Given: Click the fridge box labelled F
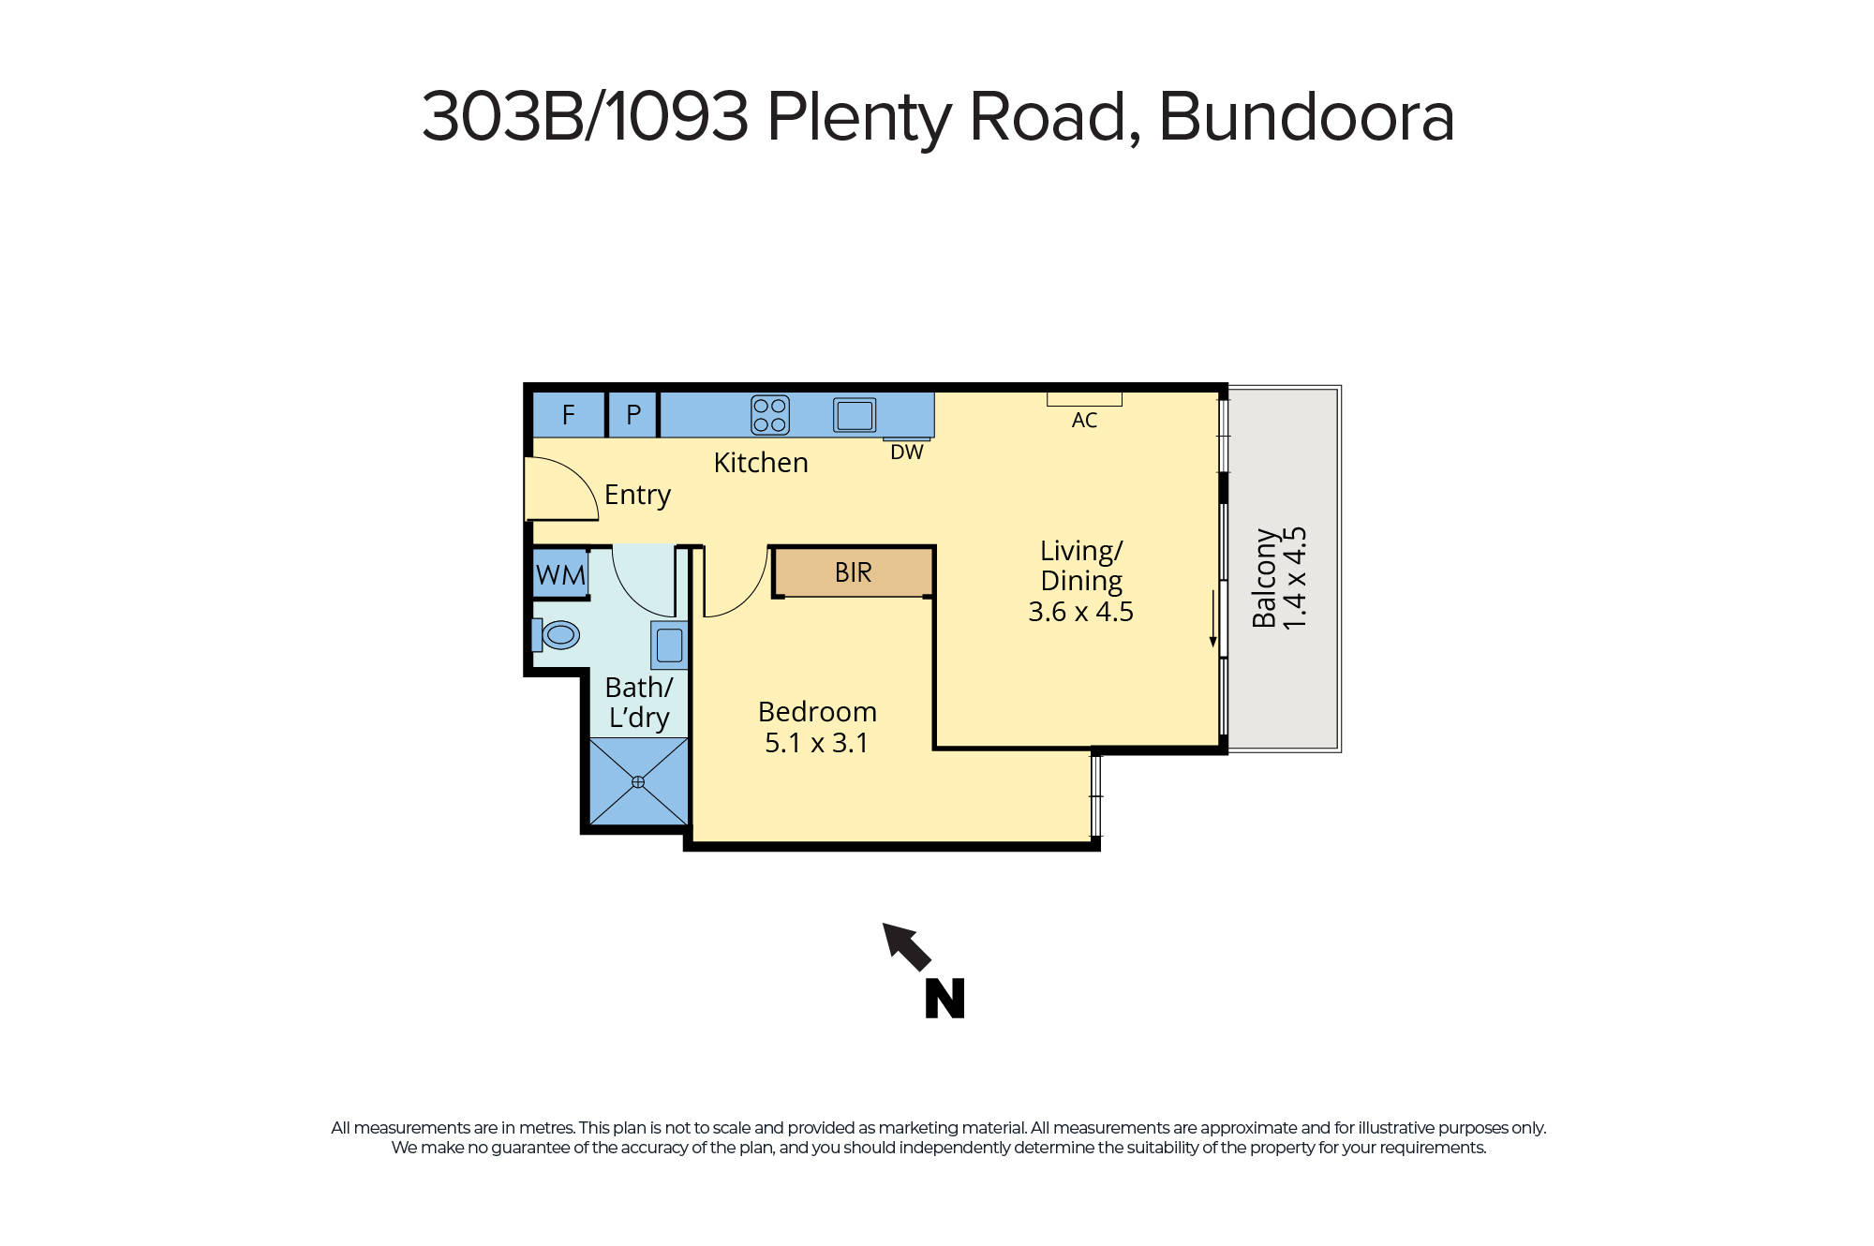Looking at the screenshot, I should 568,414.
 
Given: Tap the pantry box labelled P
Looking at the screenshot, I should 633,414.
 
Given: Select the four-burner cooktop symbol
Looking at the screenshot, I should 770,415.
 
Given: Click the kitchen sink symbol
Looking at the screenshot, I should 855,415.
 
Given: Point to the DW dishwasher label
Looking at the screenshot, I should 906,452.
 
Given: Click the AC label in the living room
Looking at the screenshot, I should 1084,421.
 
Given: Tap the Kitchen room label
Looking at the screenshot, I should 760,463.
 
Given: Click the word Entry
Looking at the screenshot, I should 637,495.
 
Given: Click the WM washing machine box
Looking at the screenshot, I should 560,574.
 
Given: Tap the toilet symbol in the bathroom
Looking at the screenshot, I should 557,635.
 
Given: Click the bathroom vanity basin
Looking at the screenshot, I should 669,645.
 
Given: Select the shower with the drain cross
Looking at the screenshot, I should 638,781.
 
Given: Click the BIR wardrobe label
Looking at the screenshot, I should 853,572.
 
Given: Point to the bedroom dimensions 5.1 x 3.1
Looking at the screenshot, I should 816,743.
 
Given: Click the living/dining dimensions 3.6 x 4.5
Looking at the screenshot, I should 1080,612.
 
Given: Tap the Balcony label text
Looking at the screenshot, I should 1264,578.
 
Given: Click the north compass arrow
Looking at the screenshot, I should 906,946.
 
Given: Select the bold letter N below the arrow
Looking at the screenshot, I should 944,999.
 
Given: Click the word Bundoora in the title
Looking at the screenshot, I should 1306,117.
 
